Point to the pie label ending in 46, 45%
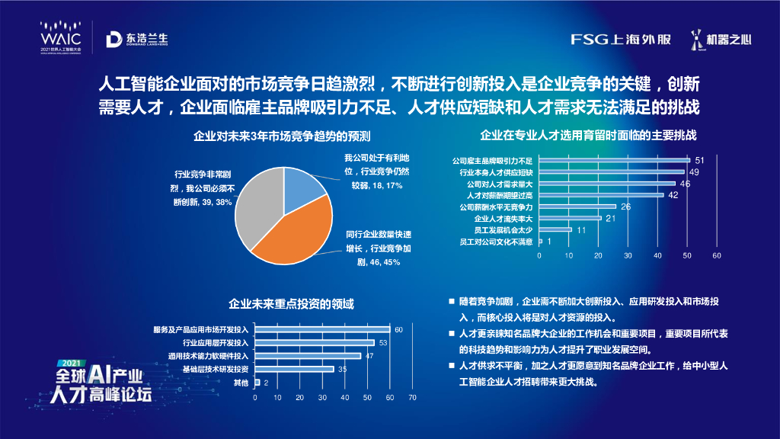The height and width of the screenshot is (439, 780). pos(378,247)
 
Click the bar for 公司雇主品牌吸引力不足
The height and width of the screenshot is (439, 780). pos(614,160)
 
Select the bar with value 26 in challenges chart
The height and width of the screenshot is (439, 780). pos(577,206)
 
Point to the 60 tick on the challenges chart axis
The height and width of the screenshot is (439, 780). pos(717,256)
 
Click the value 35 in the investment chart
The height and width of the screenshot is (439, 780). pos(343,369)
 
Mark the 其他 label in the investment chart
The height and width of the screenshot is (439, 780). pos(241,382)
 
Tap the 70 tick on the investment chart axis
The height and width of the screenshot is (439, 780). pos(412,398)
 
